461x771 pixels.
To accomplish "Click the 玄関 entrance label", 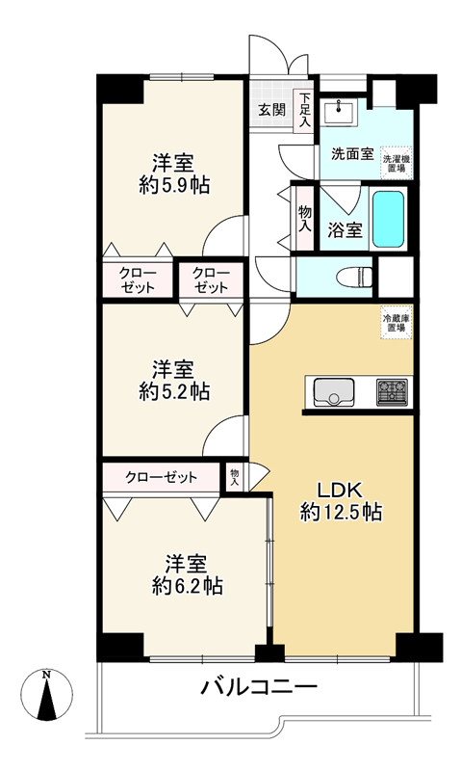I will pos(270,109).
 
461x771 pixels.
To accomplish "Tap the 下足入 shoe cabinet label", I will pos(304,109).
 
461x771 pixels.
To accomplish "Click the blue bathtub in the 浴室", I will pos(388,219).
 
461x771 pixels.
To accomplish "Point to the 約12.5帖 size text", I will pos(341,513).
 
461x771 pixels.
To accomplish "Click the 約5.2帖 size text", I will pos(173,392).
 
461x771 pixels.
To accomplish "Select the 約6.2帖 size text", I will pos(186,585).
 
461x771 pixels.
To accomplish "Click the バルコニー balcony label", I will pos(259,688).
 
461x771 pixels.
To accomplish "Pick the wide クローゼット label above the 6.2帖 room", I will pos(160,477).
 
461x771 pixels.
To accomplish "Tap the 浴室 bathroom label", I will pos(344,230).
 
